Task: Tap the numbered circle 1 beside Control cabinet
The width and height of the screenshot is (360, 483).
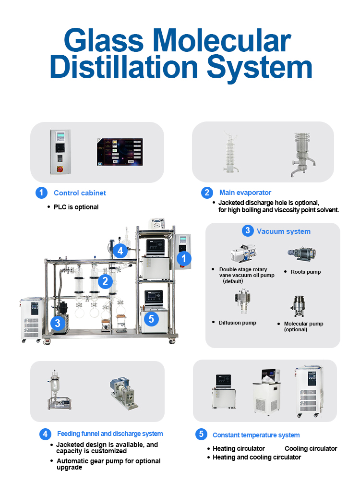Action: point(42,193)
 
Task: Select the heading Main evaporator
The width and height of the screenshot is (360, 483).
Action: point(245,193)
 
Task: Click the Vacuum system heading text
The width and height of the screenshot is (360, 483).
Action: point(283,231)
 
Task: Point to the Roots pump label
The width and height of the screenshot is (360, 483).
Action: point(305,272)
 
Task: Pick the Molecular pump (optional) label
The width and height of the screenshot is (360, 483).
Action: point(303,326)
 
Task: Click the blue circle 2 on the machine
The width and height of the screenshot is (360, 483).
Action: point(106,281)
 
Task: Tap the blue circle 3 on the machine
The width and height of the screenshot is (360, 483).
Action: point(58,323)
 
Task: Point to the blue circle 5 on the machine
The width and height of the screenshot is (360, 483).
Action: point(151,318)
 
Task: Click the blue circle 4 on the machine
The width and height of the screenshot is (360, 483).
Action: point(120,250)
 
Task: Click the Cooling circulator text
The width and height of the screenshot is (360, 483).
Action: point(311,448)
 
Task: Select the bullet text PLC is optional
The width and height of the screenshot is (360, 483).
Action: point(76,207)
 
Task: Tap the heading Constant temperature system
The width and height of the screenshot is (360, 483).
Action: point(256,435)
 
